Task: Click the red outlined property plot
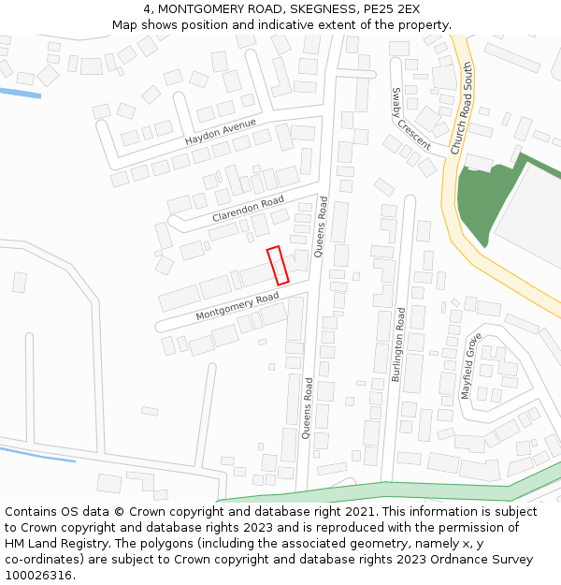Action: click(278, 266)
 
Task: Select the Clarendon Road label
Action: click(248, 209)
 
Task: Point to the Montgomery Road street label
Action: click(237, 307)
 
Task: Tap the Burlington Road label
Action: click(400, 342)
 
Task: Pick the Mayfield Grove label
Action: click(470, 365)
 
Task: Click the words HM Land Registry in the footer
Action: click(50, 543)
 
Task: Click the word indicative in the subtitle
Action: click(265, 25)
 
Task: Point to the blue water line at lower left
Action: click(37, 454)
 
